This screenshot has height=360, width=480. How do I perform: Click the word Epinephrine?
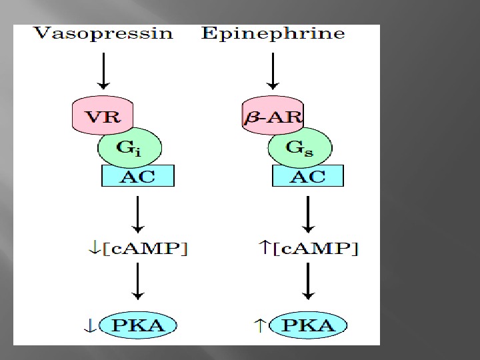tap(273, 34)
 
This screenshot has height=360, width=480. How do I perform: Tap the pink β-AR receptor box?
tap(271, 117)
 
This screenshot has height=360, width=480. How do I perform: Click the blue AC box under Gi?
tap(138, 176)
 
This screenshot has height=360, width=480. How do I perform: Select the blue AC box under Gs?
tap(309, 176)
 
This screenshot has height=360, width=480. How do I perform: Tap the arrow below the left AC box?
tap(137, 213)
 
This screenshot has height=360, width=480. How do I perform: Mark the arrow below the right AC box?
tap(308, 213)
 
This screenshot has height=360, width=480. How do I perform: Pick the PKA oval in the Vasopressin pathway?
tap(139, 326)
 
